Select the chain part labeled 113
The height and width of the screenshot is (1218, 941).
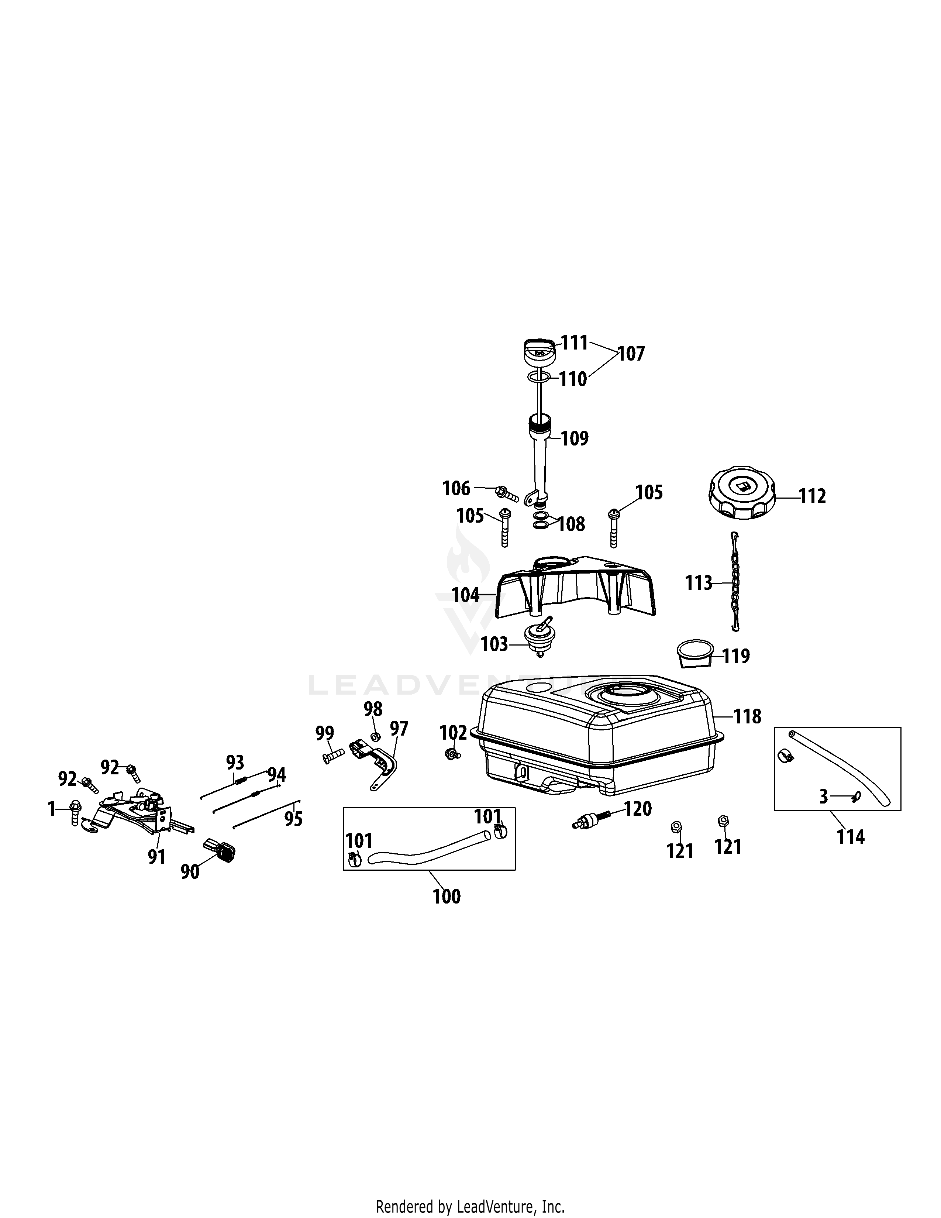coord(736,582)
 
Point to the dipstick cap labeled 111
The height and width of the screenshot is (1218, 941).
coord(540,351)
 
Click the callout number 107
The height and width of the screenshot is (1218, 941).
coord(631,354)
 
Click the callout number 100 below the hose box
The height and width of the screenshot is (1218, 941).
coord(447,897)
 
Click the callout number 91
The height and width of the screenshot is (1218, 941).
coord(156,857)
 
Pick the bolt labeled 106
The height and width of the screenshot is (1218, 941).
coord(507,493)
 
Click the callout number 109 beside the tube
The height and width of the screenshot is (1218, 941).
coord(575,438)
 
